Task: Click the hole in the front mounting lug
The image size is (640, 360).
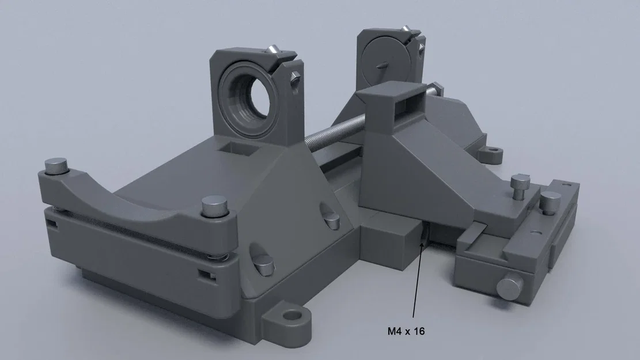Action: tap(293, 316)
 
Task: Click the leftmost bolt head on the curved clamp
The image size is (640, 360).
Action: tap(55, 166)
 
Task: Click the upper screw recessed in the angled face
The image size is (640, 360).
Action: tap(331, 219)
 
